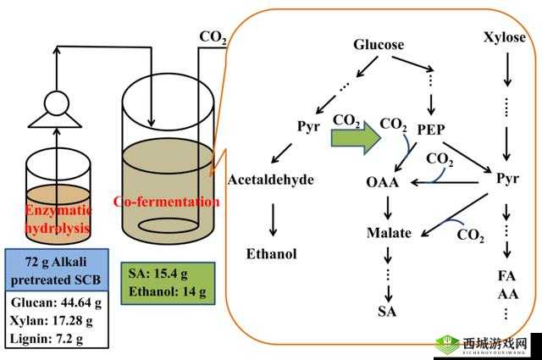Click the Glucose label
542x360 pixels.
379,45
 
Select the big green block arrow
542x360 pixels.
354,136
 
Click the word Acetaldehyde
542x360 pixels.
271,180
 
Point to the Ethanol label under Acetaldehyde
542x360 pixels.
271,252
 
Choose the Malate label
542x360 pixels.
389,233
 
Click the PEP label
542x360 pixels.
433,129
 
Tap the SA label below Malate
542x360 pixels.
388,311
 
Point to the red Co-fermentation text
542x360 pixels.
166,202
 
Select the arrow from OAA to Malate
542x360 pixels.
388,208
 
